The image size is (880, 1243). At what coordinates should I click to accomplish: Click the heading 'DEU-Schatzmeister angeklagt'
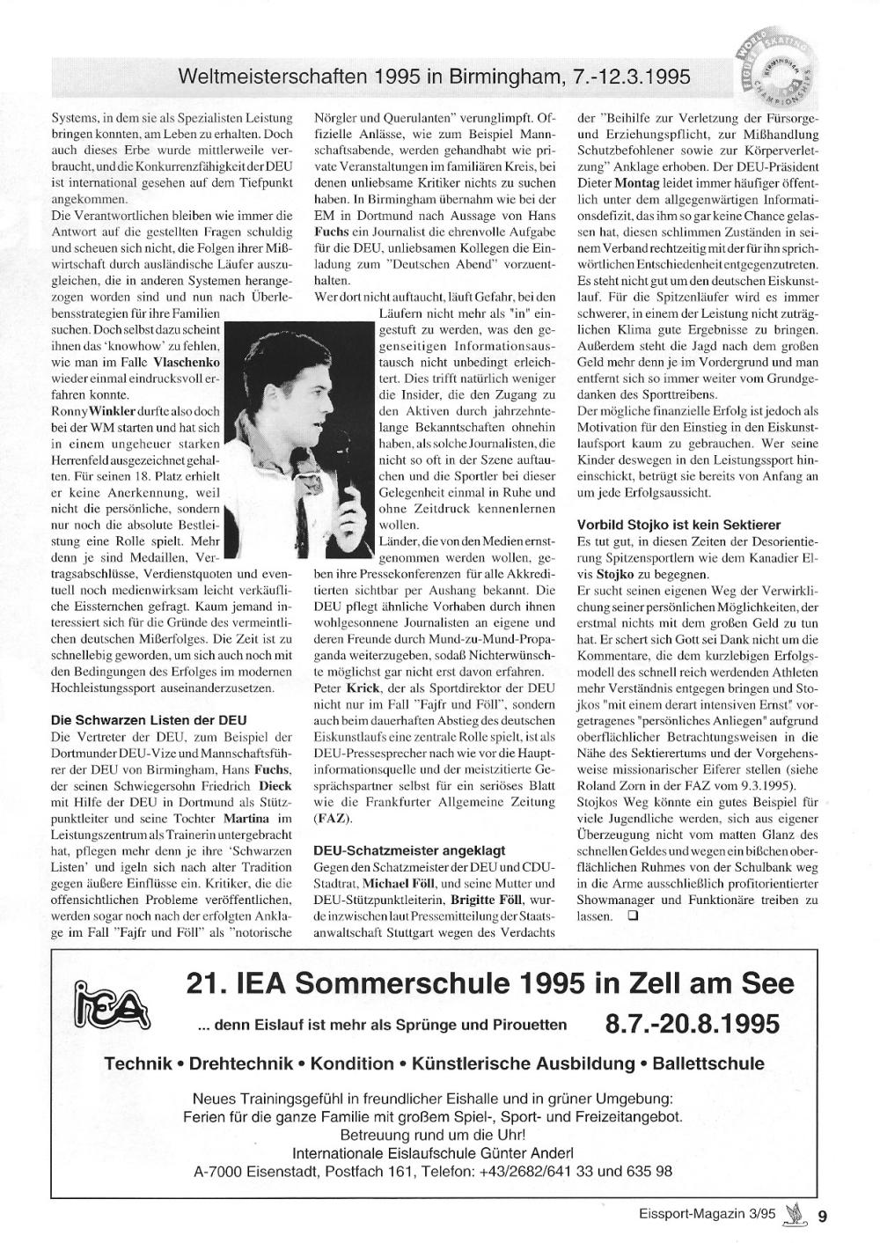409,850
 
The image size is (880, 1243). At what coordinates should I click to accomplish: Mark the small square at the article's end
633,916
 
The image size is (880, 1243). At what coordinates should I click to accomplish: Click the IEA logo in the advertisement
113,1006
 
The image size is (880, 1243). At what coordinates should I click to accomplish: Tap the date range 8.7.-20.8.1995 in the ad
693,1025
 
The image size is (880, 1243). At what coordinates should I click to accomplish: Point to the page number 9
822,1217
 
